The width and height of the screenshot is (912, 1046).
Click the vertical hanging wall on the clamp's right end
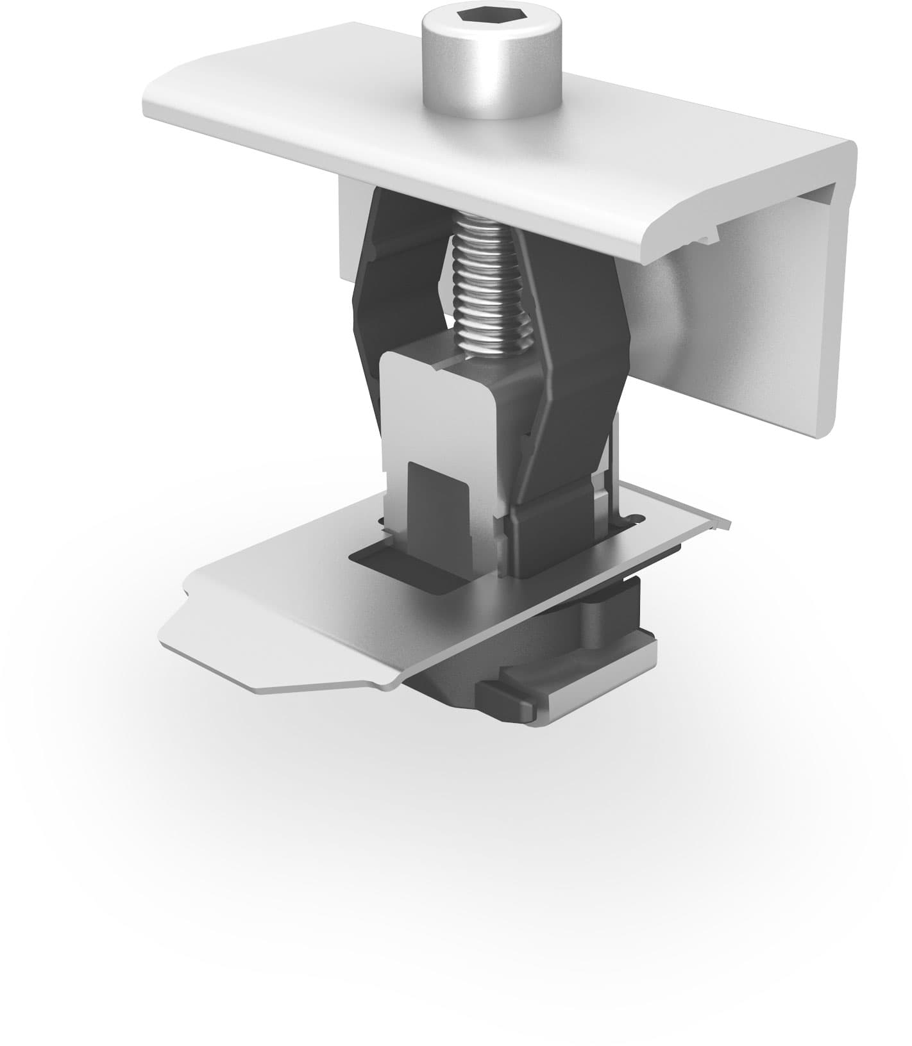(770, 320)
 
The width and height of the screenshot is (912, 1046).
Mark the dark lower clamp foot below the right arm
(545, 538)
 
